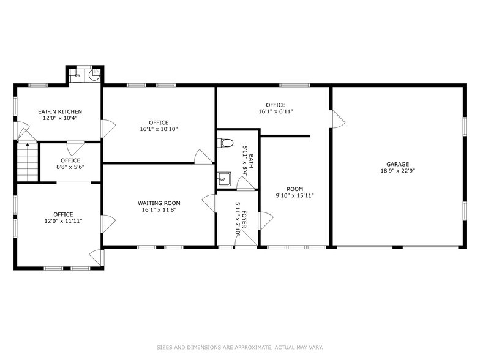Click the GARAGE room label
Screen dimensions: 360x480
(397, 164)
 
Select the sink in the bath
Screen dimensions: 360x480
(224, 179)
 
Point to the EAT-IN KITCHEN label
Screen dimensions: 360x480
(59, 111)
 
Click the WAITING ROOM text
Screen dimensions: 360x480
(159, 203)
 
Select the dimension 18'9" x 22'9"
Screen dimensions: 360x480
(397, 172)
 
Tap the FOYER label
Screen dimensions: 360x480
(244, 219)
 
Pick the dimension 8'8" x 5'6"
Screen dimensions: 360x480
(70, 167)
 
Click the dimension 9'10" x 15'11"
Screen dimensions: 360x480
(294, 197)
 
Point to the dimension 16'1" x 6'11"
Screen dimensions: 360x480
(276, 112)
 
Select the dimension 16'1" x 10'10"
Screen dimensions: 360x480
(159, 129)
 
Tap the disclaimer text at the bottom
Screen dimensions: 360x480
(239, 347)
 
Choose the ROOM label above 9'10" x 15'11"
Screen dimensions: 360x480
(294, 189)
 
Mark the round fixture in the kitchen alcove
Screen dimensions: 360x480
(94, 75)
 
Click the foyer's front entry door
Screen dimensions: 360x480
(246, 243)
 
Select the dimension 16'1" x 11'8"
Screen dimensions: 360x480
(159, 210)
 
